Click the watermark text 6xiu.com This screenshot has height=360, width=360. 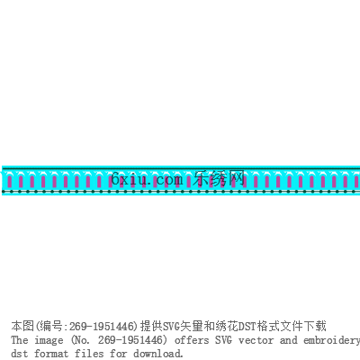[147, 179]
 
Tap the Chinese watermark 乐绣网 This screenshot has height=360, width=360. [219, 179]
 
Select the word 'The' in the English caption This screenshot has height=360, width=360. [20, 340]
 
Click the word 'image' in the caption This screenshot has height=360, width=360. [49, 341]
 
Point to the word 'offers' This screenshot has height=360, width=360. [192, 340]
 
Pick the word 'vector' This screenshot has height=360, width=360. [256, 340]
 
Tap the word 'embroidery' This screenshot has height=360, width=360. [331, 341]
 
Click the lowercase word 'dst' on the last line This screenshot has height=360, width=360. [20, 353]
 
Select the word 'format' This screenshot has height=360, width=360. [51, 353]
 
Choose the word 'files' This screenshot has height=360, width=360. [89, 353]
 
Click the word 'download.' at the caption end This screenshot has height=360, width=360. [158, 353]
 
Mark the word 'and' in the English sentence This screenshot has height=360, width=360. [288, 340]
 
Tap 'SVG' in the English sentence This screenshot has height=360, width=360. [223, 340]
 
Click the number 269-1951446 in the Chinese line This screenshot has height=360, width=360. [102, 326]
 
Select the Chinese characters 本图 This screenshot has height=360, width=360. [22, 326]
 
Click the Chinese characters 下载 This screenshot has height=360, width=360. [315, 326]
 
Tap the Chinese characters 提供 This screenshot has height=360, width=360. [151, 326]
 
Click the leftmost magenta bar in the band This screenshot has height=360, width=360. [9, 182]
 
